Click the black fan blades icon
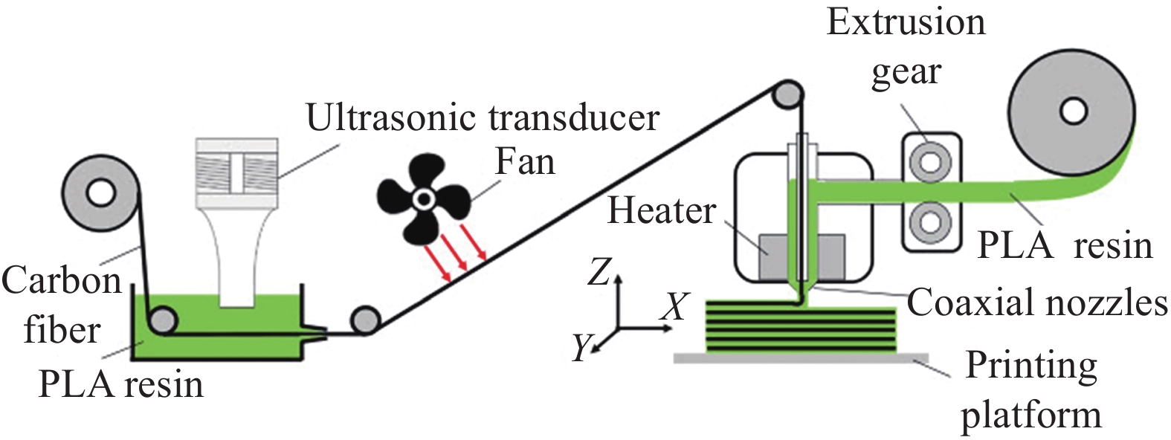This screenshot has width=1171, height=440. (x=422, y=198)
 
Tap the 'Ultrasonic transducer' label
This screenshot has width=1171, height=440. (x=483, y=117)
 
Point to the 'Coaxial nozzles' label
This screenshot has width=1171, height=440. (x=1036, y=302)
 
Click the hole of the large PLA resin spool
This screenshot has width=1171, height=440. (x=1073, y=111)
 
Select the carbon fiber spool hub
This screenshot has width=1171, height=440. (x=100, y=193)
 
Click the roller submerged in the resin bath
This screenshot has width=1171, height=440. (x=162, y=321)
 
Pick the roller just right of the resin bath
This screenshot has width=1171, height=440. (x=365, y=322)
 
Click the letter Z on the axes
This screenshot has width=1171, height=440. (x=599, y=273)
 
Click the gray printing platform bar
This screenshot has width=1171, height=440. (x=800, y=357)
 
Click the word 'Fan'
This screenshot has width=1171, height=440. (x=525, y=161)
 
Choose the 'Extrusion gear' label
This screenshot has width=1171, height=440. (x=906, y=46)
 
